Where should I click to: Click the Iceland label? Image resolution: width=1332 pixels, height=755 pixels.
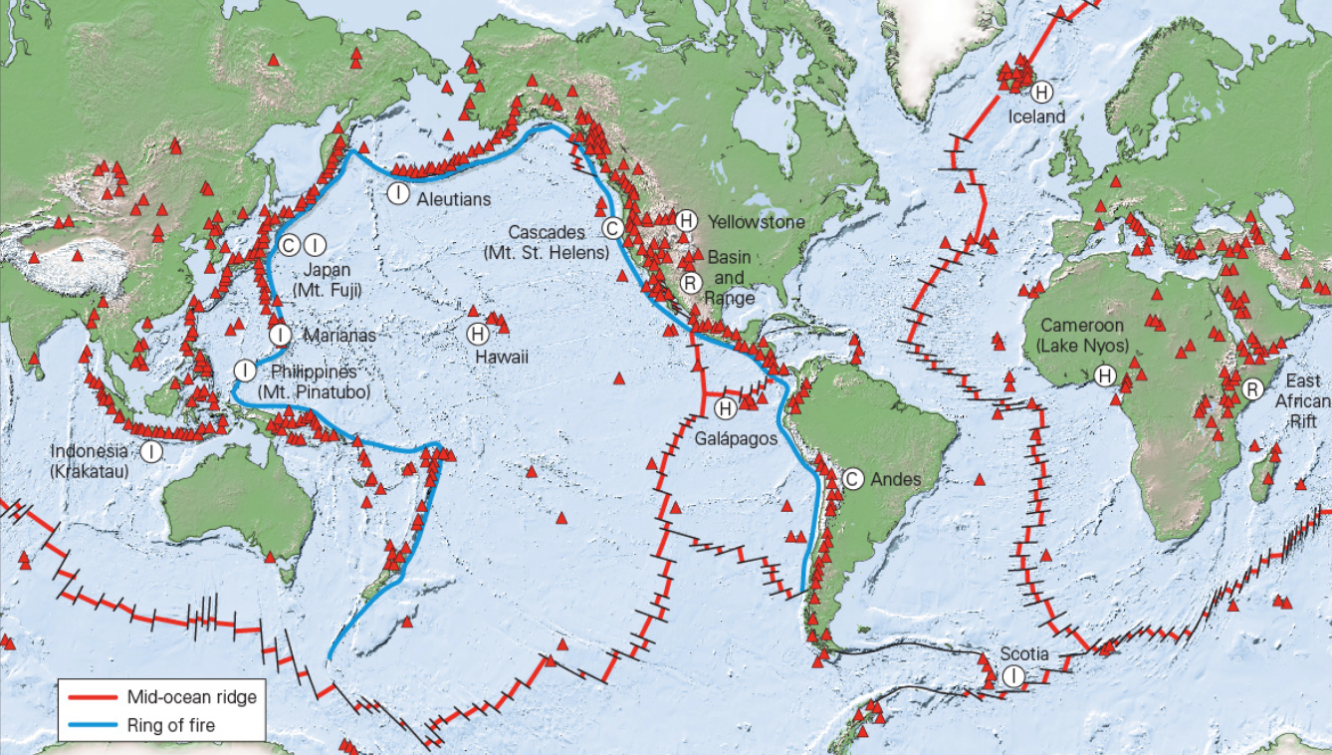[x=1036, y=117]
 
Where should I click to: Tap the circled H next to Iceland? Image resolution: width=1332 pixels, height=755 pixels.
[x=1041, y=93]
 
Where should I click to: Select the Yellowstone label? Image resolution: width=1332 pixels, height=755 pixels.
[x=756, y=221]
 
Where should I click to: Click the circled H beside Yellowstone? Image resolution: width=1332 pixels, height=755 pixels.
[x=686, y=220]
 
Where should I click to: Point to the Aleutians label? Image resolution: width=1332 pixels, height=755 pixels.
[x=454, y=199]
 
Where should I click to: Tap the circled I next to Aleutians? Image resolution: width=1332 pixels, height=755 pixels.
[x=398, y=193]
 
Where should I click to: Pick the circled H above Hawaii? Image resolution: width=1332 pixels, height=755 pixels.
[x=477, y=334]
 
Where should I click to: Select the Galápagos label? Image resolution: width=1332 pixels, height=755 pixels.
[x=736, y=437]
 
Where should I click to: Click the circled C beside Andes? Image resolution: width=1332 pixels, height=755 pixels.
[x=852, y=479]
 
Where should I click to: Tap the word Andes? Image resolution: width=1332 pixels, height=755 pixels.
[x=896, y=479]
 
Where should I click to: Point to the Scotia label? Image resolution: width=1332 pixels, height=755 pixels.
[x=1024, y=654]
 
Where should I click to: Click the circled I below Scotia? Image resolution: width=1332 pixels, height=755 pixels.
[x=1013, y=677]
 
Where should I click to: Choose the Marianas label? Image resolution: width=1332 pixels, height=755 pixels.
[x=339, y=336]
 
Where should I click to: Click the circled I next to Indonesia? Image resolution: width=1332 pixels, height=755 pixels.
[x=151, y=451]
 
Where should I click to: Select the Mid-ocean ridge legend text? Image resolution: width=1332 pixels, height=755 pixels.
[x=191, y=696]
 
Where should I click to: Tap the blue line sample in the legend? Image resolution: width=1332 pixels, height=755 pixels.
[x=91, y=725]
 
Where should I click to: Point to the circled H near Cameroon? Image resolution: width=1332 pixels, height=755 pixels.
[x=1105, y=376]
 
